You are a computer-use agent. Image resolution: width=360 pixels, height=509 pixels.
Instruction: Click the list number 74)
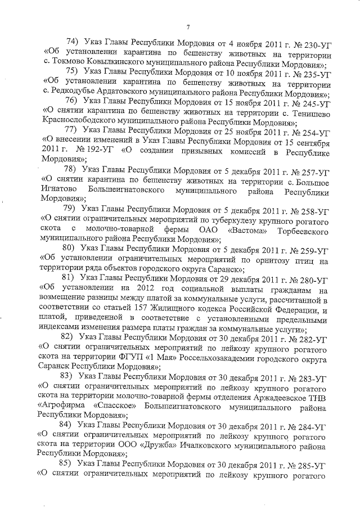72,43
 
